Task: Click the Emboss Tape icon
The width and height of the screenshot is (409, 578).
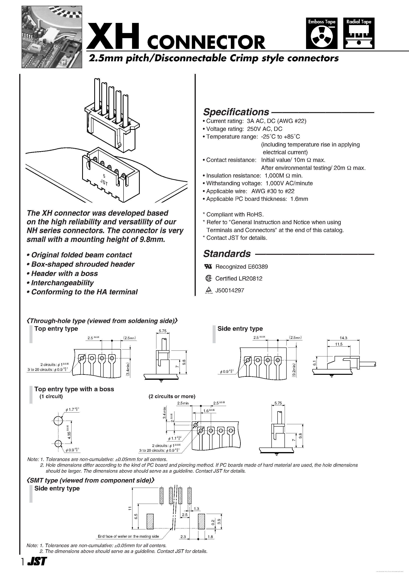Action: (x=321, y=33)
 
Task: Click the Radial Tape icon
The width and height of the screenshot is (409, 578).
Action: (x=359, y=33)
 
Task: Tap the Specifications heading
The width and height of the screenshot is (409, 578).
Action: (x=236, y=112)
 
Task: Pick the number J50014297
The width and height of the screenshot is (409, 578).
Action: (x=229, y=290)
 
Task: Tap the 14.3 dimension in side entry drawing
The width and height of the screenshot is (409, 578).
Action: (x=343, y=338)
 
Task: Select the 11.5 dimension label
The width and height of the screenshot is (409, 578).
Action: (x=339, y=344)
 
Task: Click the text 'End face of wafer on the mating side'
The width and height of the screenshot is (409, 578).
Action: (x=128, y=536)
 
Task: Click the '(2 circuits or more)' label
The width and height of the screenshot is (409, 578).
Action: (x=172, y=396)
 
